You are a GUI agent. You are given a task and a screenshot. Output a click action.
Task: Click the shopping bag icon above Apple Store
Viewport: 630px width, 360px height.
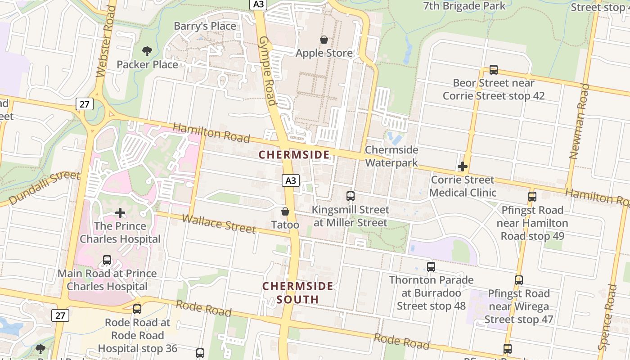(x=324, y=40)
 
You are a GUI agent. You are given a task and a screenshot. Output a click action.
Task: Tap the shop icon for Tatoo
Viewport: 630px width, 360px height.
(x=285, y=211)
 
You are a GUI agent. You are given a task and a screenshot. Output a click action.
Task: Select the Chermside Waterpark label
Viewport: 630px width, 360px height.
(x=391, y=156)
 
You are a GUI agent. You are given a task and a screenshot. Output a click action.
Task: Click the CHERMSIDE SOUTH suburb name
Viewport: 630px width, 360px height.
(x=298, y=292)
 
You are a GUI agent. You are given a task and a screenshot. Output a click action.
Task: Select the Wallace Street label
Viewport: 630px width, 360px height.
(x=219, y=224)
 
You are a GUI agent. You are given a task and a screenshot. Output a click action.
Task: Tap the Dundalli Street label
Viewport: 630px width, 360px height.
(x=44, y=188)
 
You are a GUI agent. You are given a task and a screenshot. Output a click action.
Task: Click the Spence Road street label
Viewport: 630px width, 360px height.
(x=607, y=317)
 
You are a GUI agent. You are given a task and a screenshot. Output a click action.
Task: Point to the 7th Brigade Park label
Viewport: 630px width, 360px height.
(x=464, y=6)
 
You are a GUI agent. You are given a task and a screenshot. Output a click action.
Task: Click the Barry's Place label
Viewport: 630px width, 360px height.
(x=205, y=26)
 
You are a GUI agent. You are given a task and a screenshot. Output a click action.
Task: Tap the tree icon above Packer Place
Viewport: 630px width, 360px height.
(x=147, y=51)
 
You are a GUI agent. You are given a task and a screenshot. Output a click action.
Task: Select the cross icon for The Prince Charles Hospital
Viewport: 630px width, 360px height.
(x=120, y=213)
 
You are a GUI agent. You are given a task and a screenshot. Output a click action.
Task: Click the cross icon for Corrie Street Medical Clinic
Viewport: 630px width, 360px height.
(x=462, y=166)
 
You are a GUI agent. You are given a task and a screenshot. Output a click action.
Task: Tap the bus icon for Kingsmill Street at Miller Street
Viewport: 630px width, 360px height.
(x=350, y=196)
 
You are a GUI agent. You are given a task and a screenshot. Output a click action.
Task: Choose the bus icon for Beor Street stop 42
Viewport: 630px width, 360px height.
(x=493, y=70)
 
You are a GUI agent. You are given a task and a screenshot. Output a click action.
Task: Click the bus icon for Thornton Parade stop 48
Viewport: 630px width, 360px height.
(x=431, y=266)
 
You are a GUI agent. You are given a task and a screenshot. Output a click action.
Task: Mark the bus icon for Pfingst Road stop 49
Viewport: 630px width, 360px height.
(x=532, y=197)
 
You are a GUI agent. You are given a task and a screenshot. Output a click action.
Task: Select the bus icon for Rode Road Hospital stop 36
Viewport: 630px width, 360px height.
(x=137, y=309)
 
